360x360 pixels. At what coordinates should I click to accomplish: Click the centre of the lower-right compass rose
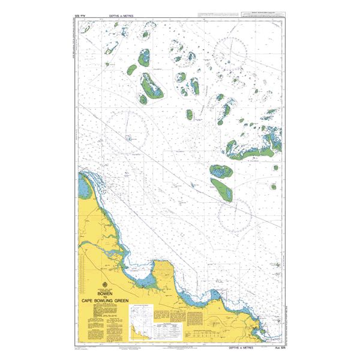[235, 215]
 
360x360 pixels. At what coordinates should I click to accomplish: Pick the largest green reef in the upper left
[151, 86]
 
